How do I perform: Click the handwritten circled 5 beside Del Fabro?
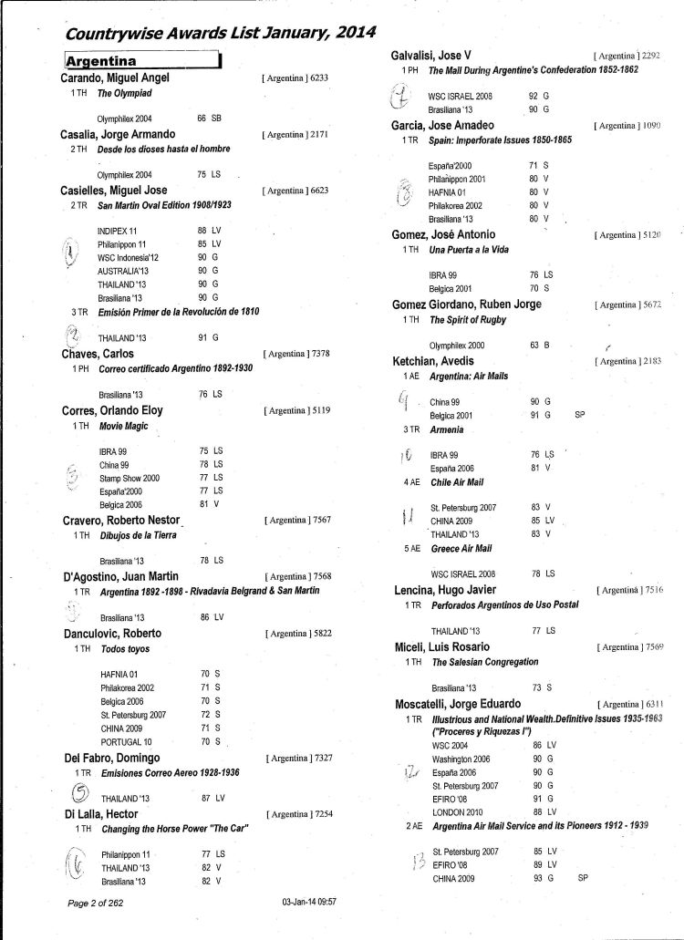point(80,790)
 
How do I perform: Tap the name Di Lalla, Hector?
point(100,813)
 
